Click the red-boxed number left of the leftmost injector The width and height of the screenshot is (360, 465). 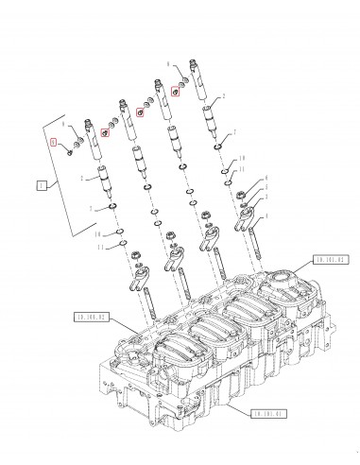(55, 142)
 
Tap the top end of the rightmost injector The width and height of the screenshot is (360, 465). (197, 67)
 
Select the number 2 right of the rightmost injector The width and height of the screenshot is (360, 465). (224, 96)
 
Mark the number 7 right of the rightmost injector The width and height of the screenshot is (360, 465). (234, 132)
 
